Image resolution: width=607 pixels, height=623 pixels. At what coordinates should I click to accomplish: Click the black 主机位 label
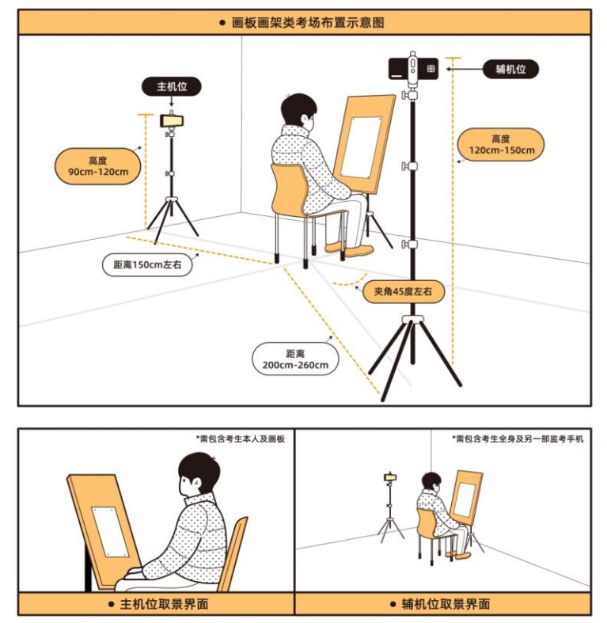[x=172, y=86]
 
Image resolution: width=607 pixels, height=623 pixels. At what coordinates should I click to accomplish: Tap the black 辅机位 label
[x=510, y=69]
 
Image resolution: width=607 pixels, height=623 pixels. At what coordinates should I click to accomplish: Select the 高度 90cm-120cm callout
[x=97, y=166]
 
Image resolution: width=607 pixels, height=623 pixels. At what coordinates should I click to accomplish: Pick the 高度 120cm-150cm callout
[x=501, y=145]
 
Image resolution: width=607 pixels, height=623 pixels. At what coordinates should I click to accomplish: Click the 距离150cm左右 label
[x=147, y=264]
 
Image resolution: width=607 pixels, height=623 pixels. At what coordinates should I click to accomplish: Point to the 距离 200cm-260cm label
[x=295, y=359]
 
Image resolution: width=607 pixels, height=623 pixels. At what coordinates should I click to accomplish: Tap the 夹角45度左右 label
[x=403, y=291]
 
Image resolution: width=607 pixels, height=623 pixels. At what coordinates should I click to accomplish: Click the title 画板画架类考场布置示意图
[x=308, y=23]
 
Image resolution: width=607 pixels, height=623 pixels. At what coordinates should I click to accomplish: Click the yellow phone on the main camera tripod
[x=172, y=120]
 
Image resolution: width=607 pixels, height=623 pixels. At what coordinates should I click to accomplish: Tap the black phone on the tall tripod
[x=413, y=69]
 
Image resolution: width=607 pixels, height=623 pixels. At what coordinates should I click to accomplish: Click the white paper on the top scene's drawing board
[x=361, y=147]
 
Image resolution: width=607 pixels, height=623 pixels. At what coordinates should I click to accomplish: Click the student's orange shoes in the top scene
[x=350, y=249]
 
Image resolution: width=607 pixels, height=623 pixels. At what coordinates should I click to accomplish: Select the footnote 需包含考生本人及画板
[x=241, y=439]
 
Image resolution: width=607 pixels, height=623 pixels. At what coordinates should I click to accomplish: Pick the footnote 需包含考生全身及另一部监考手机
[x=518, y=439]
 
